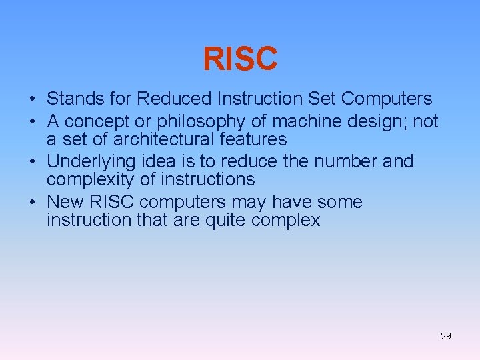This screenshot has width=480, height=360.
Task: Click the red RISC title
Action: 240,59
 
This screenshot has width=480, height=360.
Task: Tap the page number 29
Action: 446,336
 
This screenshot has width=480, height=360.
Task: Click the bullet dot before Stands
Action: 32,100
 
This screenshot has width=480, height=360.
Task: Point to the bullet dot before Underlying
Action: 32,163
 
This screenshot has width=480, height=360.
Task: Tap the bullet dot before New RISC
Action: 32,203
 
